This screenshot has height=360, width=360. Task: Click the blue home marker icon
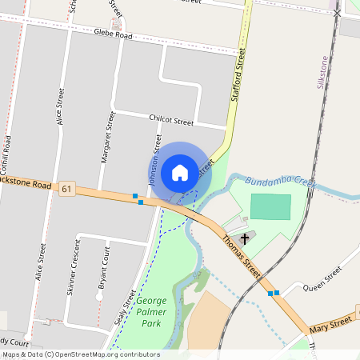(180, 172)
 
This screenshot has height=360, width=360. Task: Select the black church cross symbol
(245, 238)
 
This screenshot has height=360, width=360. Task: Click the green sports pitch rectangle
(270, 206)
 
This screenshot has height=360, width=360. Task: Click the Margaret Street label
(107, 138)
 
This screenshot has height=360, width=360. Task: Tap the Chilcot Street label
(171, 121)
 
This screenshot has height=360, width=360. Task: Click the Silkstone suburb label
(323, 72)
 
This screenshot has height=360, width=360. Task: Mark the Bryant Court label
(102, 269)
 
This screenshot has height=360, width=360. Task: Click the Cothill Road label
(6, 156)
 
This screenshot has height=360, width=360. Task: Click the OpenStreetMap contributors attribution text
(80, 354)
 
